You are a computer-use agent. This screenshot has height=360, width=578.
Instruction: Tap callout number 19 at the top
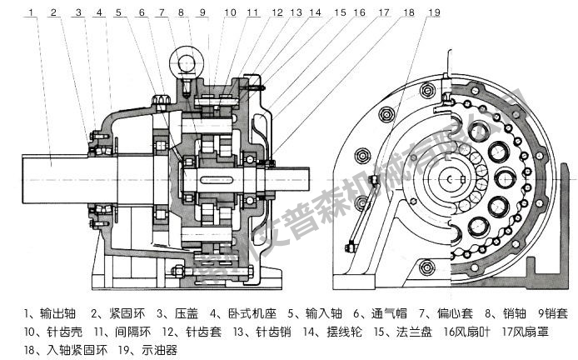(x=434, y=12)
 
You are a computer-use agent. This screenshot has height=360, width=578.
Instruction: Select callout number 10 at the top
(x=231, y=12)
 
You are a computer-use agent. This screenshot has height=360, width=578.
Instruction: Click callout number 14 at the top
(x=314, y=12)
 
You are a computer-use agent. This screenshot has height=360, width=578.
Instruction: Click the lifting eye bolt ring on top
(x=182, y=61)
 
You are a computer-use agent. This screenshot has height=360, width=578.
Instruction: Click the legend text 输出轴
(x=52, y=314)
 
